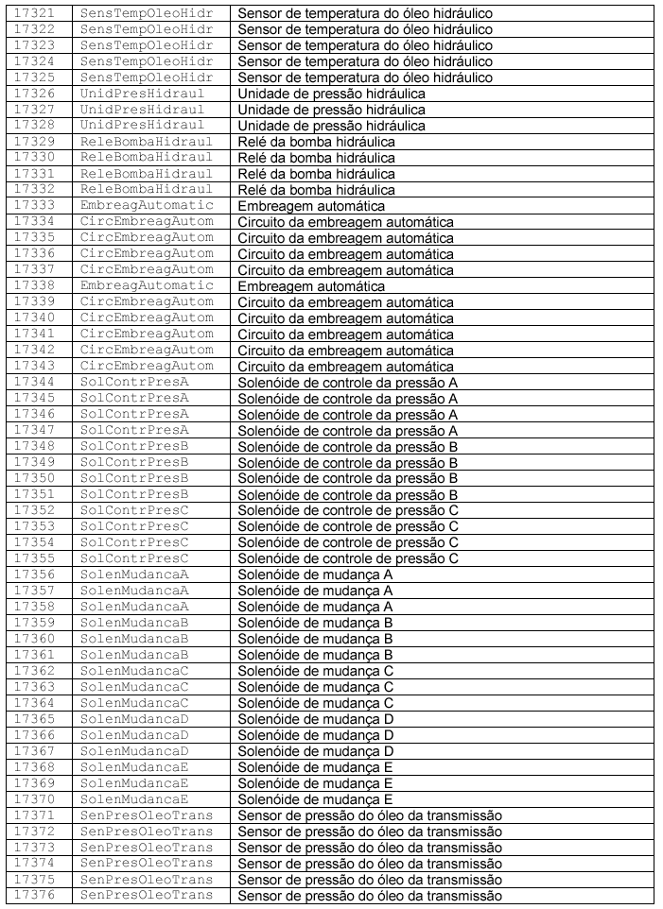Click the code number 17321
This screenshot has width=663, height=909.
click(36, 13)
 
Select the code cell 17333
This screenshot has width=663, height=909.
click(36, 206)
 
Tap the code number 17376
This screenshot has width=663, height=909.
click(36, 896)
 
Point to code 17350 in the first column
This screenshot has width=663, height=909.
click(36, 479)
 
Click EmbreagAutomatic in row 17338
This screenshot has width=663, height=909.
click(147, 286)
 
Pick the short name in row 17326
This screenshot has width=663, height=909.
click(142, 94)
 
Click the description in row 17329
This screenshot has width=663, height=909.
click(316, 142)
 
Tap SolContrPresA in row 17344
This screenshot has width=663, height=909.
click(134, 383)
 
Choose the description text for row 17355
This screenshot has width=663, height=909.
click(348, 558)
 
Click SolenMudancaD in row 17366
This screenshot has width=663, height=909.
click(134, 735)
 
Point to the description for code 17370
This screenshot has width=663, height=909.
click(315, 799)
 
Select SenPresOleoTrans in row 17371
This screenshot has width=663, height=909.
click(147, 815)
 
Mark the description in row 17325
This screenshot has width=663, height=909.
click(365, 77)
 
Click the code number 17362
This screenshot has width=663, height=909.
click(36, 671)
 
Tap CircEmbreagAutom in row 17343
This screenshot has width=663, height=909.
click(147, 367)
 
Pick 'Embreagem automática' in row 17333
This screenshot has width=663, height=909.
click(311, 206)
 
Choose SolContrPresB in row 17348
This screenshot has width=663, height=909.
click(134, 447)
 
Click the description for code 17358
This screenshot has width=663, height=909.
click(315, 607)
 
